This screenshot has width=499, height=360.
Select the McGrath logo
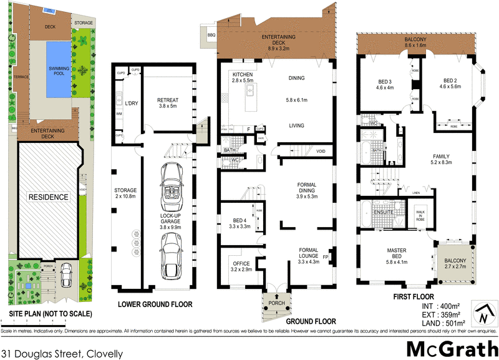(x=448, y=349)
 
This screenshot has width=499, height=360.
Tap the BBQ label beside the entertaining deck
(x=211, y=36)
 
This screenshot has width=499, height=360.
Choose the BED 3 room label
(x=385, y=84)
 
